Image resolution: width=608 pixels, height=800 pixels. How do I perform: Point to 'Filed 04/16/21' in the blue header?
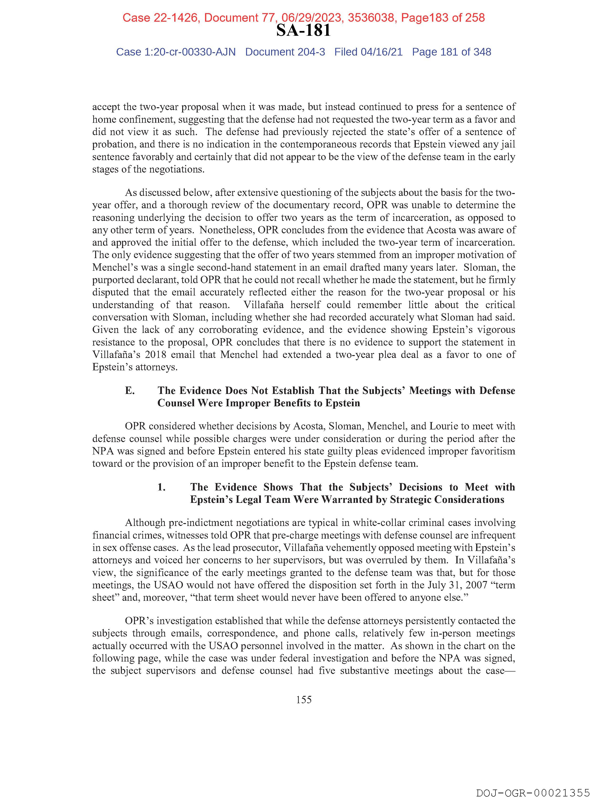(368, 52)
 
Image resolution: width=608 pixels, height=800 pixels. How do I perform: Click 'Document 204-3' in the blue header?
(285, 52)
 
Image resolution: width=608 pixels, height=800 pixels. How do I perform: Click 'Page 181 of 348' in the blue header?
(451, 52)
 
